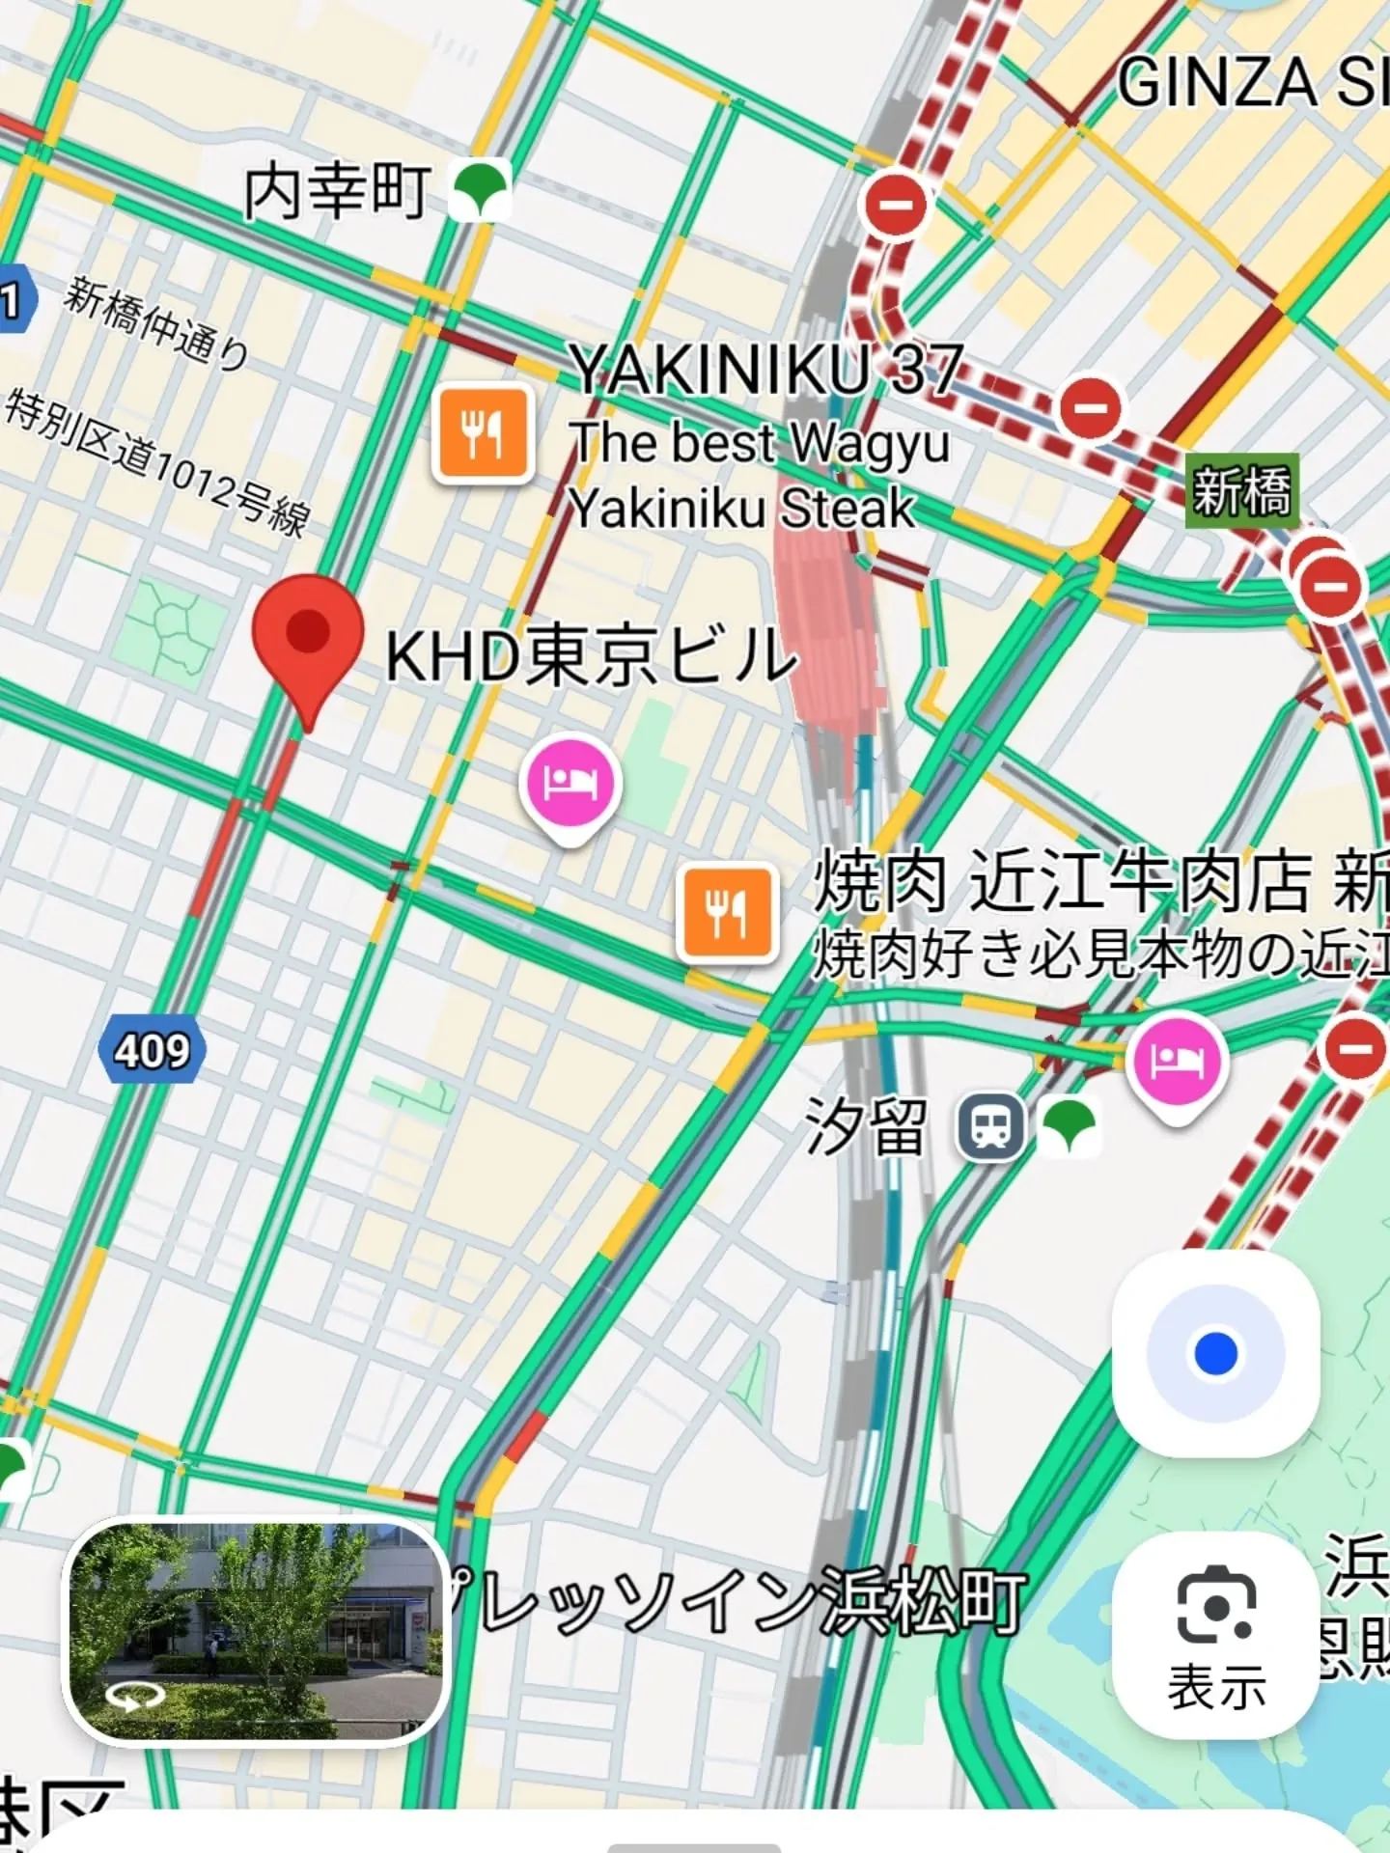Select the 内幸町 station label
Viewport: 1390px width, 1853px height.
click(337, 191)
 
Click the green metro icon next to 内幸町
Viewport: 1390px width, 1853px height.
click(480, 189)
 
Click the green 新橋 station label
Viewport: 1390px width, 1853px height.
click(1240, 491)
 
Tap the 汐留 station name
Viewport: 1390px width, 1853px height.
click(866, 1126)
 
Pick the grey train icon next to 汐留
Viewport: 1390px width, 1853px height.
click(989, 1126)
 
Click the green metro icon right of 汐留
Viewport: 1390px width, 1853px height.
click(1069, 1126)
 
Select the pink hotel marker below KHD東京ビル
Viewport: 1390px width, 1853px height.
click(570, 783)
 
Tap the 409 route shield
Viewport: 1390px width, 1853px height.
click(152, 1050)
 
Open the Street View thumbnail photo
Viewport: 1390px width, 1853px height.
click(255, 1632)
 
